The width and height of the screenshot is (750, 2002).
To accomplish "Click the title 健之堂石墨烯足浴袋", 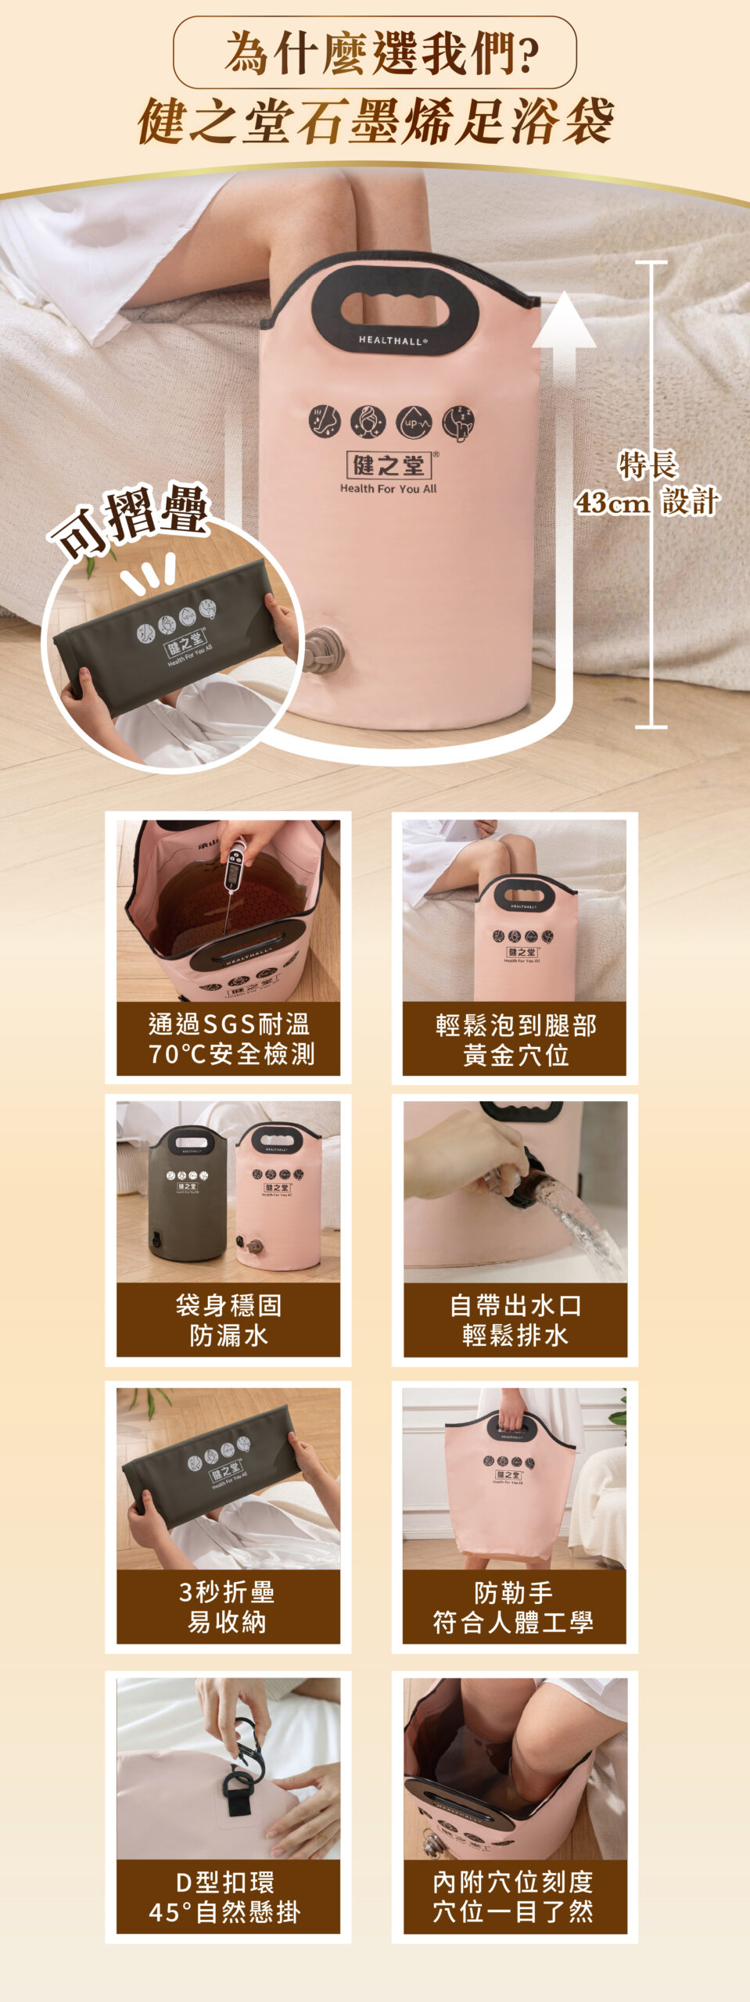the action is click(x=375, y=121).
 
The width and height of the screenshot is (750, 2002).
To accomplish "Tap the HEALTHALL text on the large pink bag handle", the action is click(x=393, y=340).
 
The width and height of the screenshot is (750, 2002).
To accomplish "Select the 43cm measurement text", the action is click(x=612, y=502).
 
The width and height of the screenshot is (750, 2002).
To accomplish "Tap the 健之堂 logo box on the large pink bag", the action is click(x=389, y=465).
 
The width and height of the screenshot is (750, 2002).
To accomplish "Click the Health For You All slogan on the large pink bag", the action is click(x=389, y=489).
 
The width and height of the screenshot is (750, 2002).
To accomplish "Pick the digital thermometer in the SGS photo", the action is click(x=233, y=868).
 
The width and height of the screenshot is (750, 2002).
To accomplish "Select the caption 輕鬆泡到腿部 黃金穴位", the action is click(x=515, y=1039).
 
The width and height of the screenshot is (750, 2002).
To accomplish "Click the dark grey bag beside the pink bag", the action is click(x=188, y=1193).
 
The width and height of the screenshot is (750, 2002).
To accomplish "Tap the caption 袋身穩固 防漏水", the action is click(x=228, y=1320).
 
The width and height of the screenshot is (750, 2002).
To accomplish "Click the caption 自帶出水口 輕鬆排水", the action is click(x=515, y=1320).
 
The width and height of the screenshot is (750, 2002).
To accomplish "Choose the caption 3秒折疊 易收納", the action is click(x=228, y=1607).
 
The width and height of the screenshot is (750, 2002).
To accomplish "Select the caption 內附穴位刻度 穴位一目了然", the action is click(x=514, y=1896).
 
